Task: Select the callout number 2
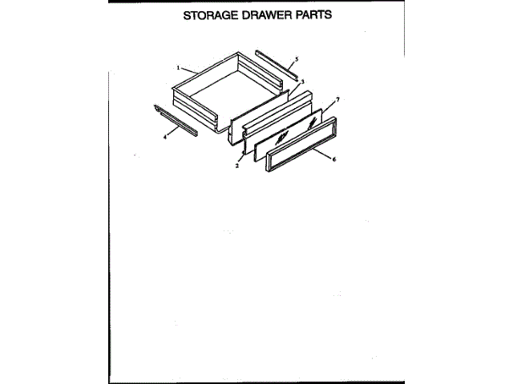237,166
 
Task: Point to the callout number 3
302,82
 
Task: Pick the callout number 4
165,136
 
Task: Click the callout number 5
297,59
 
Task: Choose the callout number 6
333,159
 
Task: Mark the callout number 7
337,98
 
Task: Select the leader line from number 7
330,105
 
